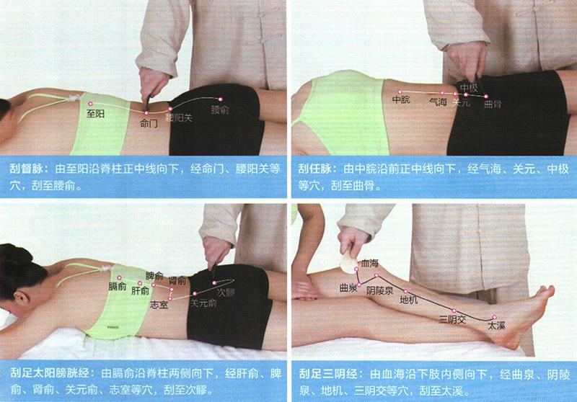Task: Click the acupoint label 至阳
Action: coord(95,114)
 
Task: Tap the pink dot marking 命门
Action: coord(146,113)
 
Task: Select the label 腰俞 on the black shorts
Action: coord(220,110)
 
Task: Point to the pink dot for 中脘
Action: coord(400,92)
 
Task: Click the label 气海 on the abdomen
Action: coord(439,102)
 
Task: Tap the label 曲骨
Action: coord(493,104)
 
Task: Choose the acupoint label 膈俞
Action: coord(118,286)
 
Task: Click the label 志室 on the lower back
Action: coord(159,304)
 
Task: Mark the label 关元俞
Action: coord(203,303)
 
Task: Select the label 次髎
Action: coord(225,292)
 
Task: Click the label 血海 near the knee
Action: coord(369,263)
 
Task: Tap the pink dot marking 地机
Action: coord(406,291)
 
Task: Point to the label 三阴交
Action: coord(453,319)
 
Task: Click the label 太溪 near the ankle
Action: coord(496,326)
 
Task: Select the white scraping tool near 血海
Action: coord(348,262)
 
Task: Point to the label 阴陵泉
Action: coord(380,291)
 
